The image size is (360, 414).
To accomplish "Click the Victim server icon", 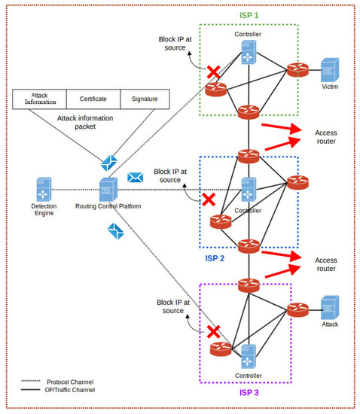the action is (x=330, y=70).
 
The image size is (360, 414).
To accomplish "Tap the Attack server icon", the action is (x=330, y=308).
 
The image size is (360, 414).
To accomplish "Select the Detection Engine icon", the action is (x=44, y=189).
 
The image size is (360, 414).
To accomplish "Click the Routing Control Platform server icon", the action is (x=108, y=189).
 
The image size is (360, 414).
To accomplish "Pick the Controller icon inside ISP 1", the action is (x=249, y=52).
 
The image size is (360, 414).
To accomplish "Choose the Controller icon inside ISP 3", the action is (x=249, y=357).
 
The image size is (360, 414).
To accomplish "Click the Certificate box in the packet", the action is (x=93, y=99).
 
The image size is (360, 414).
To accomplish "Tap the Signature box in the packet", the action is (x=145, y=99).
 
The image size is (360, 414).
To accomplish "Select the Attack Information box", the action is (x=40, y=99).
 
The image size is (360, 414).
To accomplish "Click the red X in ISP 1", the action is (x=213, y=72).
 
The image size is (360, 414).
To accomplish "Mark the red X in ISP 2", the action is (x=209, y=199).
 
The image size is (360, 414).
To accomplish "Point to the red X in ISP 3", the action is (x=213, y=332).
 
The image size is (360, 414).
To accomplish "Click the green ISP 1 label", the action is (x=249, y=15).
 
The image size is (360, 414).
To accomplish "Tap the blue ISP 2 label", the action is (x=215, y=258).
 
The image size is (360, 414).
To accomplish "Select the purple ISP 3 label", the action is (x=249, y=393).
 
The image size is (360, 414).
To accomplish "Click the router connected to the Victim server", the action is (x=297, y=70).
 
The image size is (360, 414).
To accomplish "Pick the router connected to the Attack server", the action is (x=297, y=309).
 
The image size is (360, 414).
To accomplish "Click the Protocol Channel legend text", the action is (x=70, y=382).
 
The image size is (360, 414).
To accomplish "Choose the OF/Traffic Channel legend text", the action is (x=70, y=390).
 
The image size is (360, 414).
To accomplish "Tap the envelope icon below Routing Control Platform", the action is (x=116, y=231).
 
